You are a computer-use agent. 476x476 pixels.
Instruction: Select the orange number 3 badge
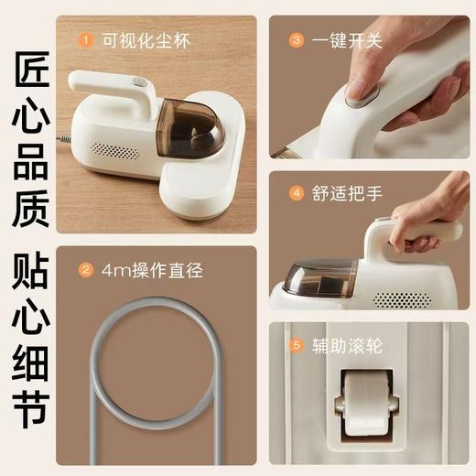(x=296, y=40)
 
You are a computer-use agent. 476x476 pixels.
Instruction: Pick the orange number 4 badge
(x=296, y=193)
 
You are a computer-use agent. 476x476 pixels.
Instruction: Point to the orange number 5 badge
(x=296, y=345)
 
